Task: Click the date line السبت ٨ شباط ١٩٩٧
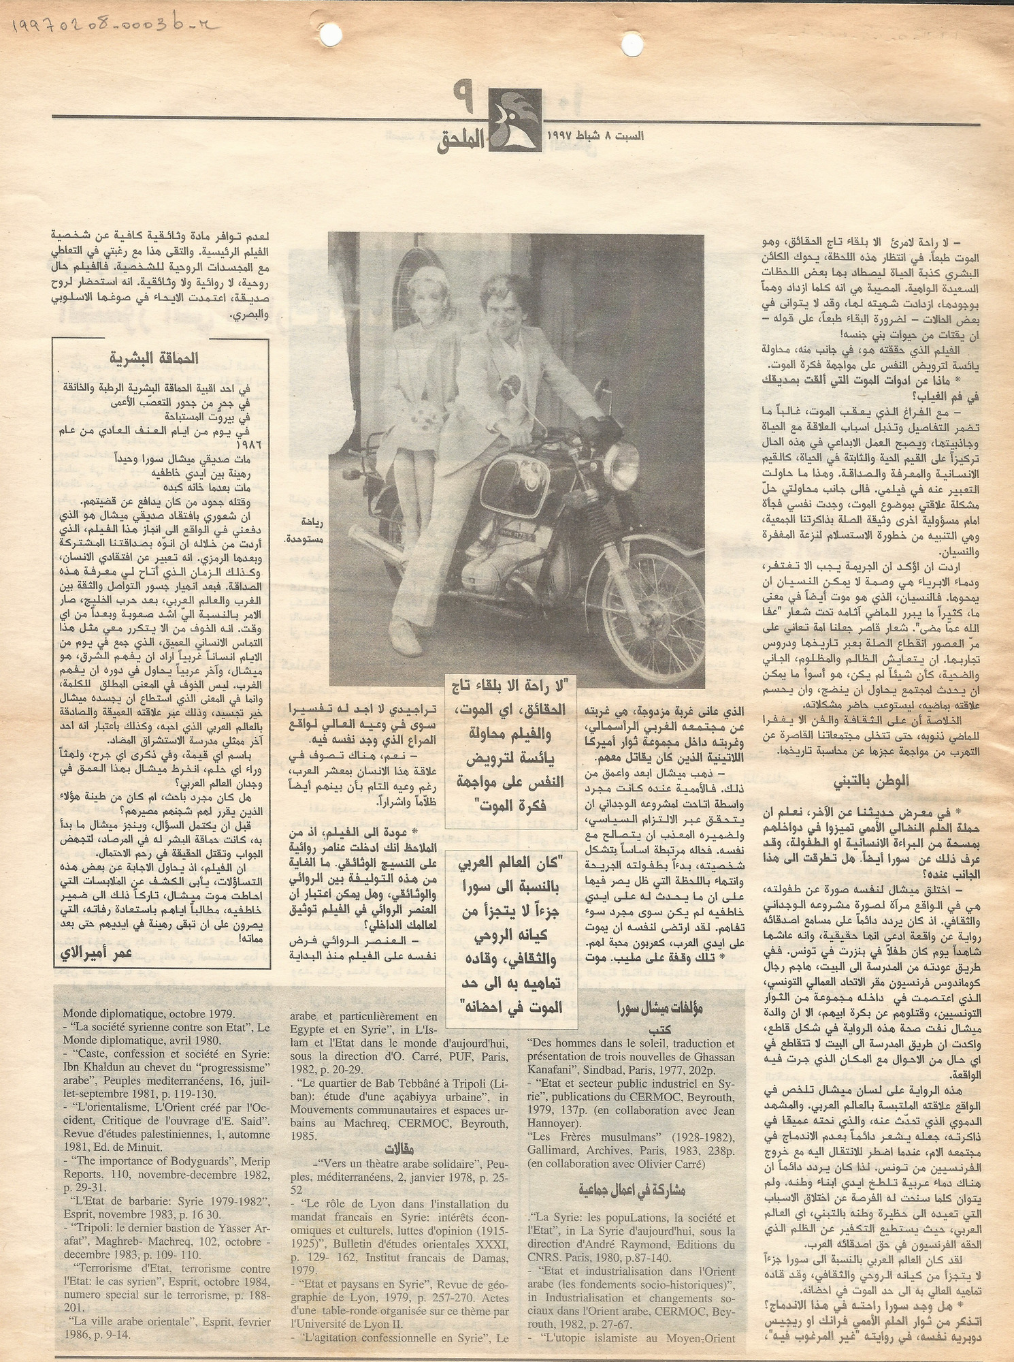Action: point(595,136)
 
